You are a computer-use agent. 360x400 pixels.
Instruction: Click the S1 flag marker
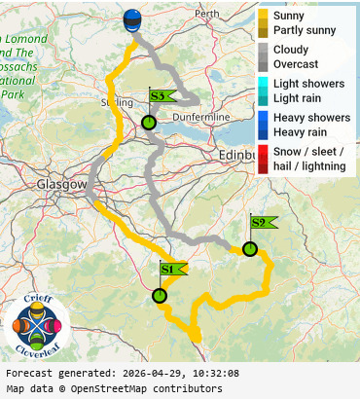[171, 269]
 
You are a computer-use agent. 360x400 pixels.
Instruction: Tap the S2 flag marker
[262, 222]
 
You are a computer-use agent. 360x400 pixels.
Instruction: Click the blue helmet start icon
[132, 20]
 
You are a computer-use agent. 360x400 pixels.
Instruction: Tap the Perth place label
[207, 15]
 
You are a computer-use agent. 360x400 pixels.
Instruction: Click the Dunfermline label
[198, 117]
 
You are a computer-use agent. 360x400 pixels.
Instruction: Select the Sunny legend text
[289, 17]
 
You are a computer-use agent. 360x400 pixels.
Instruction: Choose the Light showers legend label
[308, 84]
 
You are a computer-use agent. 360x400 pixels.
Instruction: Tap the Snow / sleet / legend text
[307, 152]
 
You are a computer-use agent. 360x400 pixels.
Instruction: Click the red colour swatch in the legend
[263, 159]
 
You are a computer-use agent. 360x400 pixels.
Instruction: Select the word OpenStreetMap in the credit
[127, 389]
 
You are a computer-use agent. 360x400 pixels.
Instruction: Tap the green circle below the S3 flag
[149, 123]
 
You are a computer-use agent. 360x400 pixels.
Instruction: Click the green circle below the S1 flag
[160, 296]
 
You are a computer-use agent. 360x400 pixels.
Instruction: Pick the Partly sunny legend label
[305, 30]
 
